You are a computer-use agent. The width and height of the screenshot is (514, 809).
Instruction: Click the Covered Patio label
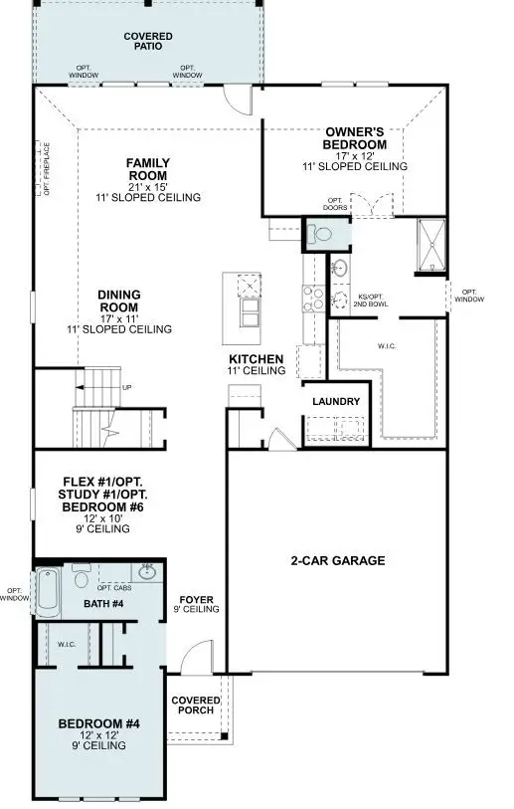point(148,41)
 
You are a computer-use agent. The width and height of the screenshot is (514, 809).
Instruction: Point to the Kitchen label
point(257,358)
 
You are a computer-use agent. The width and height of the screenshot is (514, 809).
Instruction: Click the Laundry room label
point(335,400)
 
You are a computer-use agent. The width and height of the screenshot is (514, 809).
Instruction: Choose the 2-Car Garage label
point(339,560)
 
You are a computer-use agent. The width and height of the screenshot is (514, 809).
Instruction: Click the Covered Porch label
point(196,705)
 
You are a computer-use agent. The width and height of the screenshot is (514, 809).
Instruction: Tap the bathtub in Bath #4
point(47,594)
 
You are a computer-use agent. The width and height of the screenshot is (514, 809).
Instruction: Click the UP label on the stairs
point(126,388)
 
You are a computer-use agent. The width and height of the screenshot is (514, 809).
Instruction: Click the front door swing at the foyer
point(199,657)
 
